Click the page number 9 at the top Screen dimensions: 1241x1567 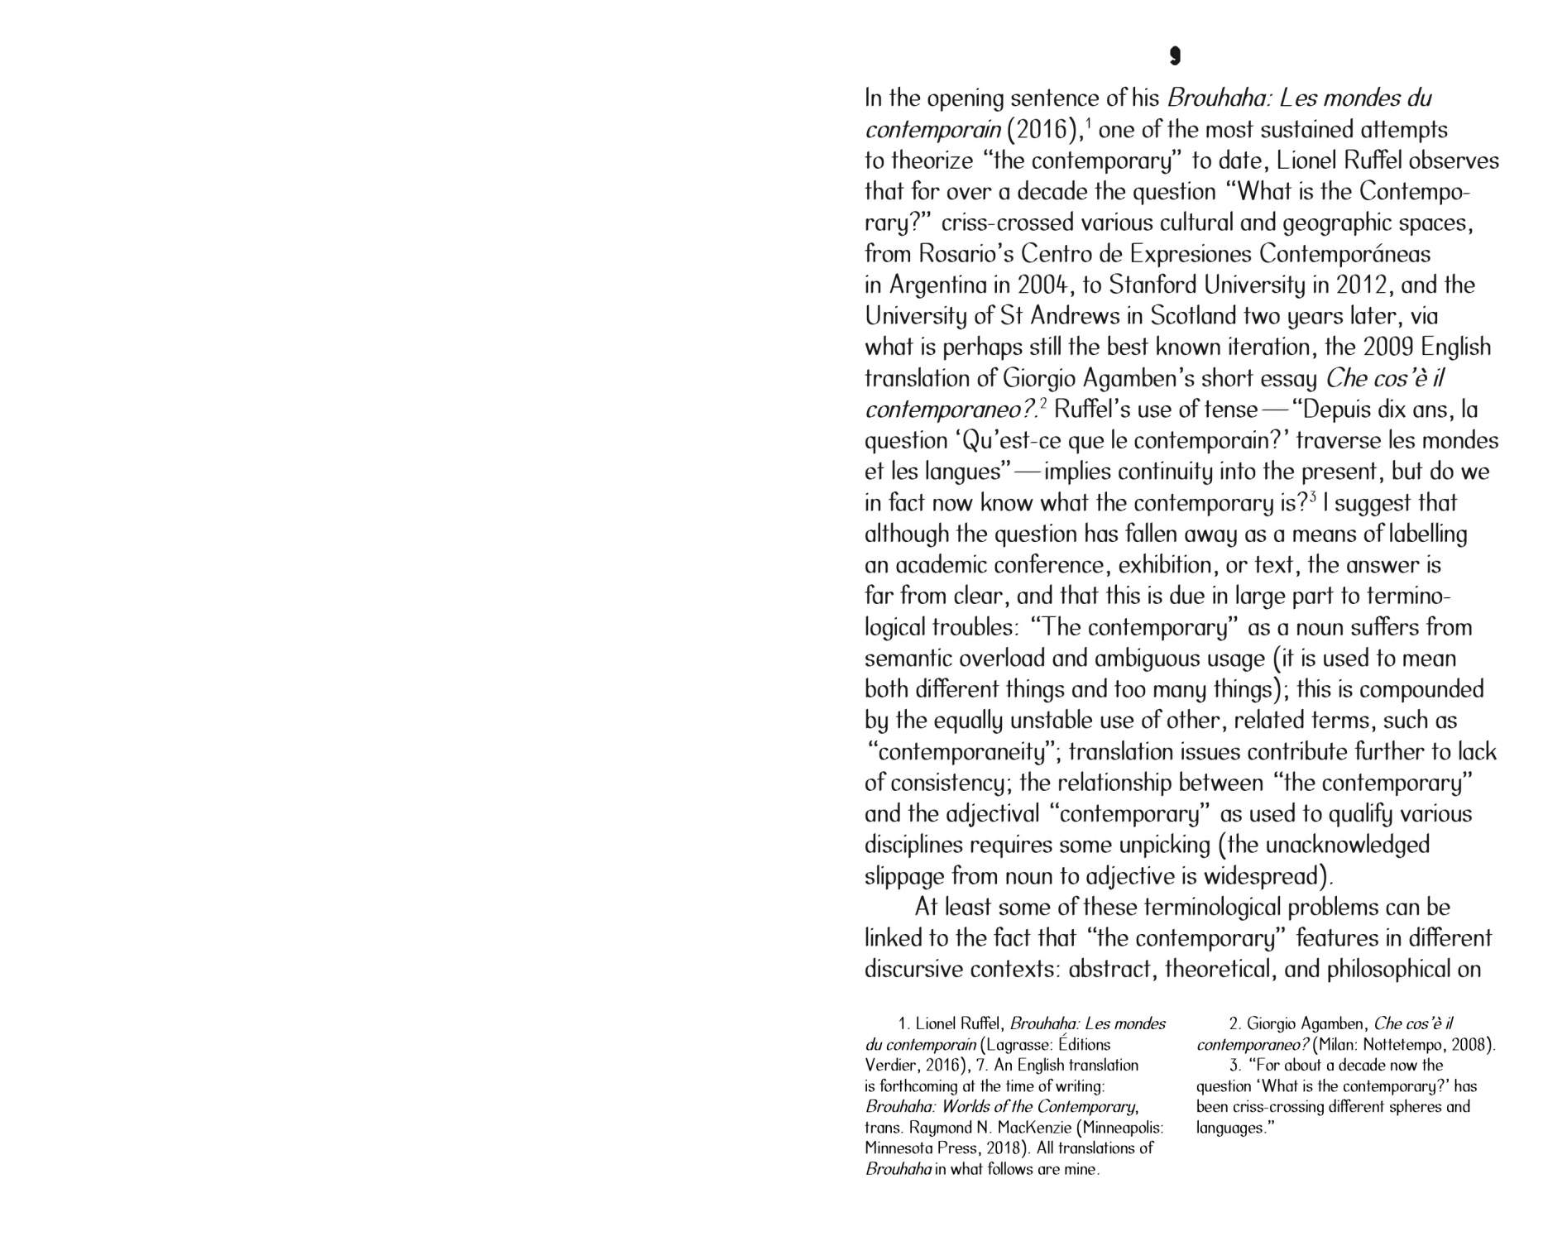1175,56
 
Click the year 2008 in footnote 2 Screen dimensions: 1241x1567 1471,1045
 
